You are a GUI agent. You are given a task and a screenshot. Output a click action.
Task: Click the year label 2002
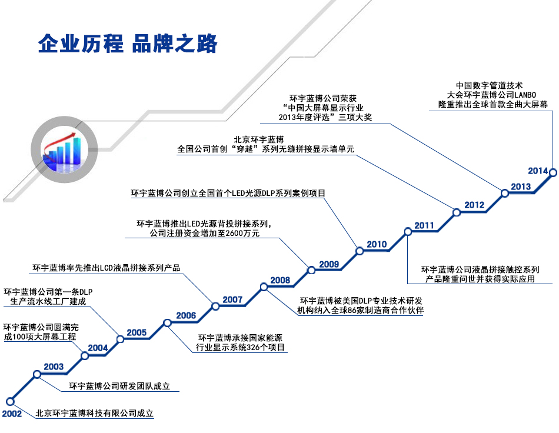coord(12,414)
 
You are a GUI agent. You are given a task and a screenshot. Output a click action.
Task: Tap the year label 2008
coord(280,280)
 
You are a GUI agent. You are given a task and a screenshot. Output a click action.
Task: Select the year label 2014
coord(538,171)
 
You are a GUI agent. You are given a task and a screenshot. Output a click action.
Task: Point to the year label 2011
coord(424,225)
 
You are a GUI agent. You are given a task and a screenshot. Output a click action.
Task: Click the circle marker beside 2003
coord(37,374)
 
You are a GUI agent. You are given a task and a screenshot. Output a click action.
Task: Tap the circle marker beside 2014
coord(553,172)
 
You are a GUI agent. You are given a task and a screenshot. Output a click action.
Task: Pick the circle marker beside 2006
coord(168,322)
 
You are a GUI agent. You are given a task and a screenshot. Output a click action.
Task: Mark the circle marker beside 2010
coord(360,251)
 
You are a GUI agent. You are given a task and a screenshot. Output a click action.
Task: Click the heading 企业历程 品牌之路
coord(128,44)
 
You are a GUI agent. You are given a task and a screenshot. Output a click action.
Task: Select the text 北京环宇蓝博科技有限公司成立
coord(94,414)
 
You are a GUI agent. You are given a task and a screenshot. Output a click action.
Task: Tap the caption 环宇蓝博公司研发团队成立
coord(119,387)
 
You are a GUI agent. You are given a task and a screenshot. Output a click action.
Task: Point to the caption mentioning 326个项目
coord(241,342)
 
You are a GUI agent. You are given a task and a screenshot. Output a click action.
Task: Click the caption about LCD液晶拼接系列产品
coord(106,268)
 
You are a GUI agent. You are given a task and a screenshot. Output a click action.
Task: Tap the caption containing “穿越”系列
coord(265,145)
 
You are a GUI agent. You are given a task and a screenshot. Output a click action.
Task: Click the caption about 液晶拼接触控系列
coord(480,274)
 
